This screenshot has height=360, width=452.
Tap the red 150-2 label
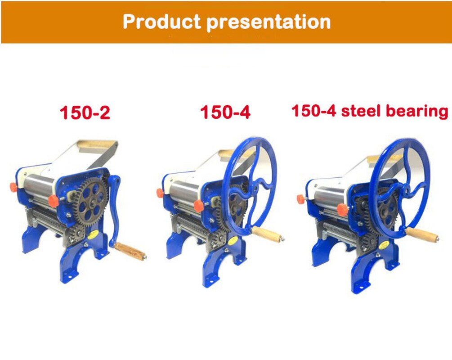point(85,113)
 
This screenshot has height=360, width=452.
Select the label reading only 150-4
point(225,112)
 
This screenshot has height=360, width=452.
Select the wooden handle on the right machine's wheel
point(421,234)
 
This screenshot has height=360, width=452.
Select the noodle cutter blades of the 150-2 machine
point(49,220)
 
